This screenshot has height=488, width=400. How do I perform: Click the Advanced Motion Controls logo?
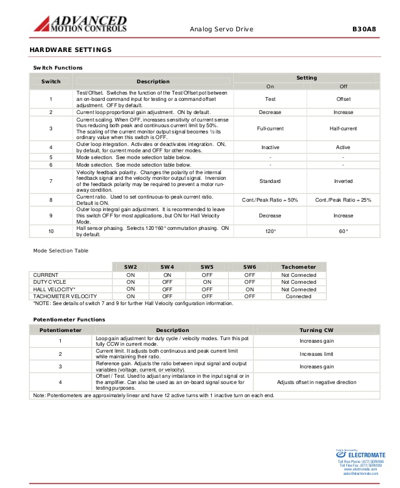click(80, 24)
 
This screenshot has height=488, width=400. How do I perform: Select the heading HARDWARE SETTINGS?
click(71, 49)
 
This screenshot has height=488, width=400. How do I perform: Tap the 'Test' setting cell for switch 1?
click(270, 98)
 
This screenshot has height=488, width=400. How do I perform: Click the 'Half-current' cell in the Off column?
click(343, 128)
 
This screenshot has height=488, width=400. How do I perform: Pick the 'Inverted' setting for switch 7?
click(343, 181)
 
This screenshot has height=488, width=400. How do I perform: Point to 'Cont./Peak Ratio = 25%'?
click(343, 200)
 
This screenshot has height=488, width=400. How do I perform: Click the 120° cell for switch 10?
click(270, 231)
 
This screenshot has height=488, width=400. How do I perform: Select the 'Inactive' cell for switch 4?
click(270, 147)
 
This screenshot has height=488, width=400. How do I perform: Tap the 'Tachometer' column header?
click(299, 267)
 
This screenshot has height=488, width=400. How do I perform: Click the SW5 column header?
click(207, 267)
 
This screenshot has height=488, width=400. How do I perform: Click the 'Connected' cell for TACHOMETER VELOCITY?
click(298, 296)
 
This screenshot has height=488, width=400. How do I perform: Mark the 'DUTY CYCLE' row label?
click(50, 282)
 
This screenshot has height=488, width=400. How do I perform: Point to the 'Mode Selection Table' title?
click(61, 251)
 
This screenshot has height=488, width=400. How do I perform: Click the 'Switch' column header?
click(51, 81)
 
